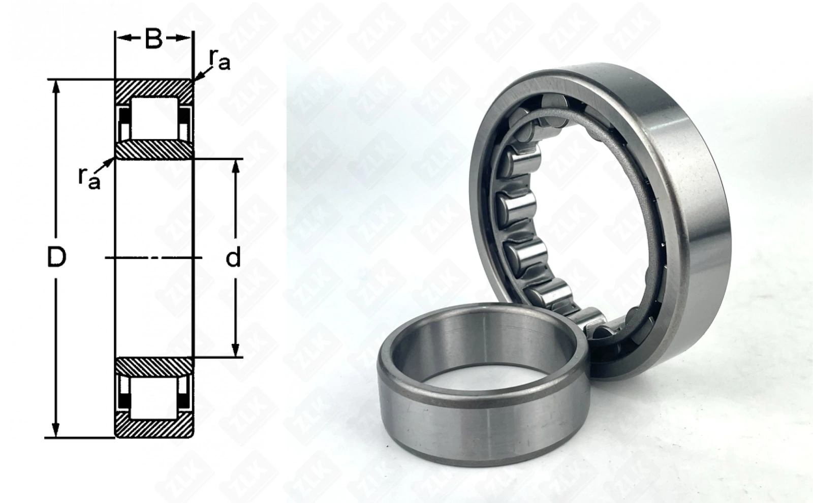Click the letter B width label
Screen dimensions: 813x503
153,39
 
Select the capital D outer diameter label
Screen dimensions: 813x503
56,257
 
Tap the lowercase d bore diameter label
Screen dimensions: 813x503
233,257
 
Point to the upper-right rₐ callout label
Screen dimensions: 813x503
219,60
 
